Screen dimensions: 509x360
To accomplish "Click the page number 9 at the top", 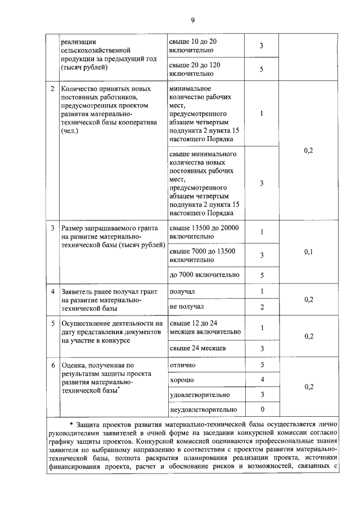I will coord(192,21).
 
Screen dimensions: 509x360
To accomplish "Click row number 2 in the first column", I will coord(53,89).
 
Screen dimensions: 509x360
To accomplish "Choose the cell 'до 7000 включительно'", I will coord(204,275).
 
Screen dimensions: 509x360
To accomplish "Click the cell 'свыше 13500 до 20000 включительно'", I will coord(204,232).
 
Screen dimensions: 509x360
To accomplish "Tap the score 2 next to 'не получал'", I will coord(262,307).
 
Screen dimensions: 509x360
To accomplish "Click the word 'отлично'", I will coord(183,366).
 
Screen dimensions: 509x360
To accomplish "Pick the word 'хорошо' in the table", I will coord(182,380).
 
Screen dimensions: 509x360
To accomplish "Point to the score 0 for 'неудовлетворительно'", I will coord(262,409).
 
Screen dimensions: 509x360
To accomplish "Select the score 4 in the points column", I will coord(262,380).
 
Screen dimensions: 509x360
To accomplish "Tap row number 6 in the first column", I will coord(53,366).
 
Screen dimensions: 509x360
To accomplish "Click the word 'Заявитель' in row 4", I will coord(77,292).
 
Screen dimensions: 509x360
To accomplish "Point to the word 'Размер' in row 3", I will coord(74,228).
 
